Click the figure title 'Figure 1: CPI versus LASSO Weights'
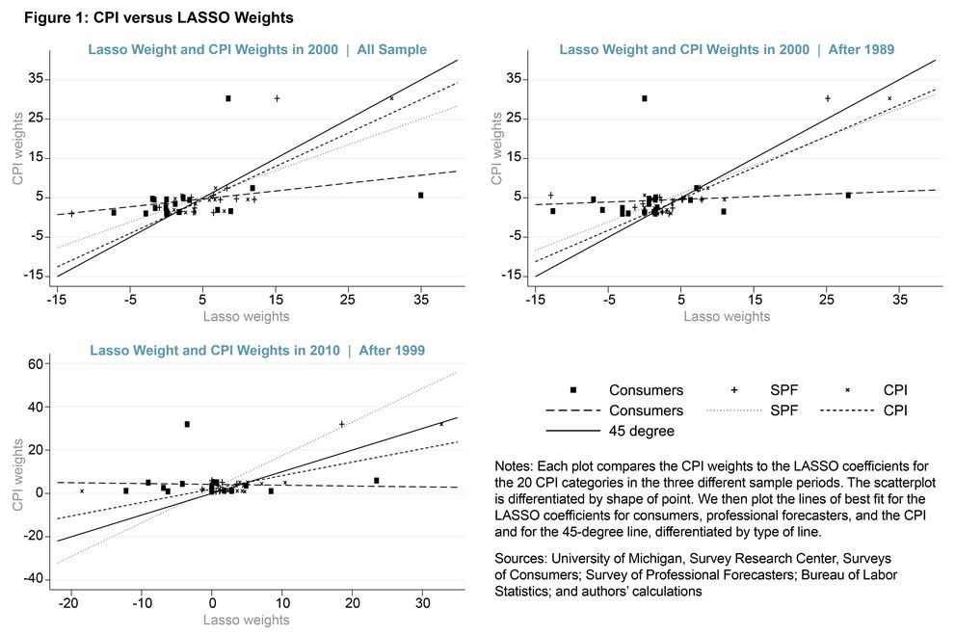point(158,17)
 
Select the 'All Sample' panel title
point(391,49)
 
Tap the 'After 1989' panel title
point(862,49)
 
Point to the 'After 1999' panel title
point(391,350)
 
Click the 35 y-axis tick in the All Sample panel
point(36,79)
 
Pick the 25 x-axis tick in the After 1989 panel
point(827,299)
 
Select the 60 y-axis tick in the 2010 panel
point(36,364)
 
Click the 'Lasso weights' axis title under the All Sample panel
point(246,316)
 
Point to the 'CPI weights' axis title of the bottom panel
point(17,474)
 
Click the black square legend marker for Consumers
point(572,389)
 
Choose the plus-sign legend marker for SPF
point(734,389)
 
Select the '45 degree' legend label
point(642,431)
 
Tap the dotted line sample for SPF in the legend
point(734,410)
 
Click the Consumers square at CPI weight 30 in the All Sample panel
point(227,98)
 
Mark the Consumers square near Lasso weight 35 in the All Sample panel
point(420,196)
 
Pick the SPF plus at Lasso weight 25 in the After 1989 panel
point(827,98)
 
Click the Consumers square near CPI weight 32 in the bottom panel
point(187,424)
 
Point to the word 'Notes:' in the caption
point(514,466)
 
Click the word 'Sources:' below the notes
point(520,558)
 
